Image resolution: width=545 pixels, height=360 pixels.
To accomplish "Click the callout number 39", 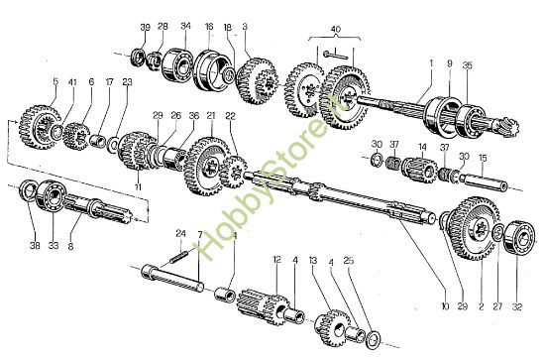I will click(x=145, y=26).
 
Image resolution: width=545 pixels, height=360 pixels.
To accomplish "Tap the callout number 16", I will click(x=208, y=26).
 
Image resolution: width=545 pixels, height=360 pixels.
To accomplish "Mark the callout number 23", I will click(x=127, y=82).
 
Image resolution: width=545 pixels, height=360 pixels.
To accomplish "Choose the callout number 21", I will click(x=210, y=116).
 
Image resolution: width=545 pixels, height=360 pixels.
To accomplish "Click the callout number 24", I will click(x=180, y=235).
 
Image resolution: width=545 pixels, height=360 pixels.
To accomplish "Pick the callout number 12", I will click(x=277, y=260).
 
